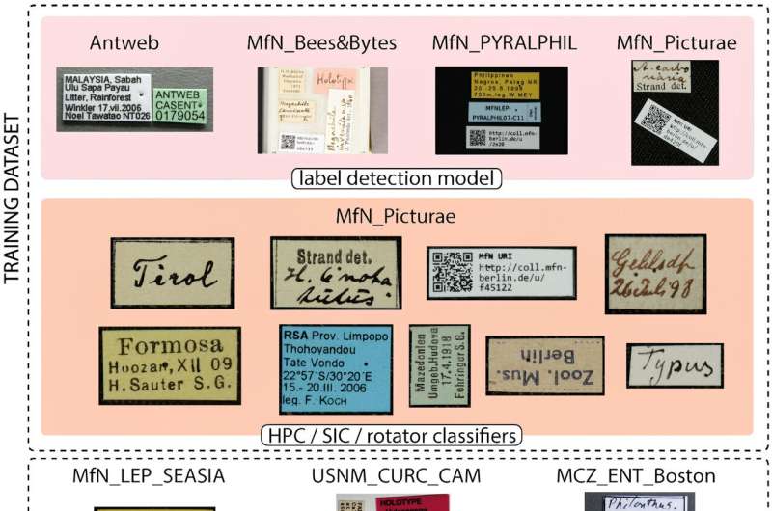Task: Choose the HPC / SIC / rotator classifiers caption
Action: (390, 435)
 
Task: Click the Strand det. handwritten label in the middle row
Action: (331, 272)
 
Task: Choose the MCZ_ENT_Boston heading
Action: (636, 475)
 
